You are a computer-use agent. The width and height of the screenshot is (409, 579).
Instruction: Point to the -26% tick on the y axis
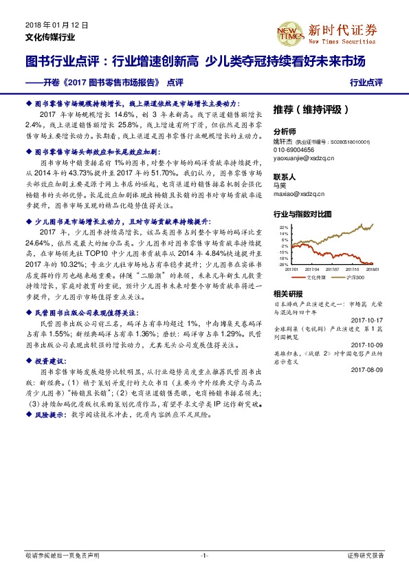click(x=283, y=263)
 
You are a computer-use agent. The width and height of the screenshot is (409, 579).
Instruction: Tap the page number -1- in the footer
click(x=204, y=555)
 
